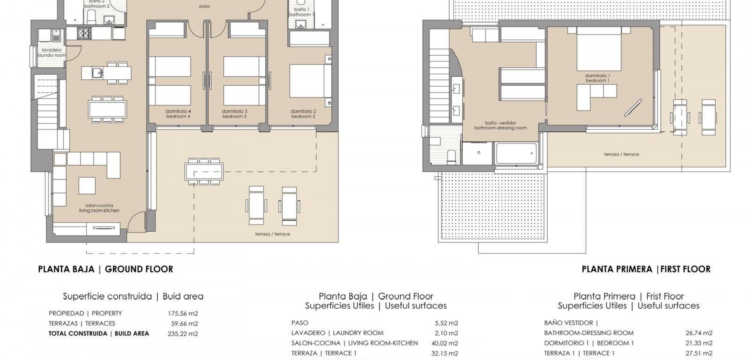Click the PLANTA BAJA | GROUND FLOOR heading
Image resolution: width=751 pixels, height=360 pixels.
click(x=105, y=269)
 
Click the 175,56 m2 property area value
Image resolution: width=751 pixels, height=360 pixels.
click(x=183, y=313)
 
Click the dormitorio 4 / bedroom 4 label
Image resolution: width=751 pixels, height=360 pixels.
click(x=178, y=114)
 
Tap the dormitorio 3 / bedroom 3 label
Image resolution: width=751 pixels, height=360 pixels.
click(x=234, y=114)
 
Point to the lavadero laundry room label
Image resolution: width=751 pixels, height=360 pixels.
click(x=52, y=53)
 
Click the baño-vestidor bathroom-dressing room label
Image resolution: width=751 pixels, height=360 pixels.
click(x=500, y=125)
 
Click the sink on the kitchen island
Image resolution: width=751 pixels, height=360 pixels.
click(x=97, y=72)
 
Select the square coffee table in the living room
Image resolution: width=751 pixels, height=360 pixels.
click(x=87, y=185)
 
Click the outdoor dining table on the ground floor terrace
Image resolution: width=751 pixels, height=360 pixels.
click(x=204, y=171)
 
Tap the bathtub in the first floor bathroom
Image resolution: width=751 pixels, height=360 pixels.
click(x=516, y=153)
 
